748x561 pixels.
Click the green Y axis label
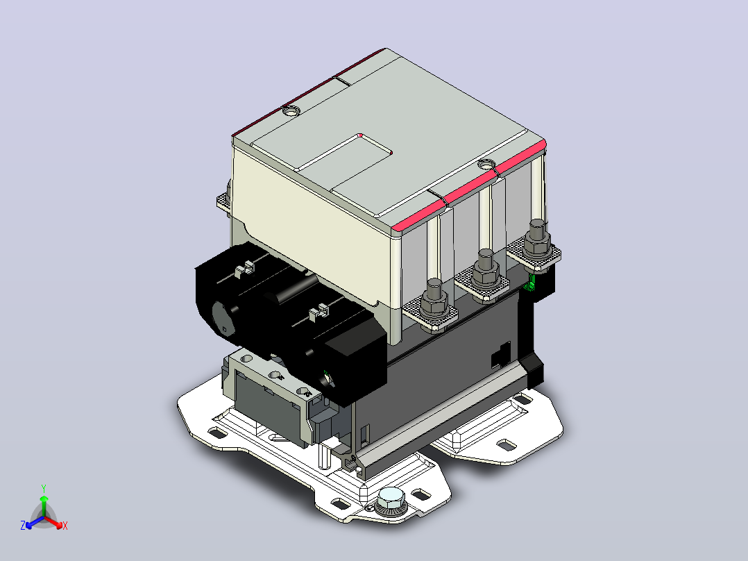pos(44,488)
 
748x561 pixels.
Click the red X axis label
pos(65,526)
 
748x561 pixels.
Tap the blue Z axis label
pos(23,525)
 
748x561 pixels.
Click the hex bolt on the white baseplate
pos(390,501)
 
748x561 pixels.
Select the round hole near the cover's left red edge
pos(291,111)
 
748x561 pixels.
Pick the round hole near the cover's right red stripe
pos(486,165)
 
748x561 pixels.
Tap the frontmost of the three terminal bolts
pos(434,301)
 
